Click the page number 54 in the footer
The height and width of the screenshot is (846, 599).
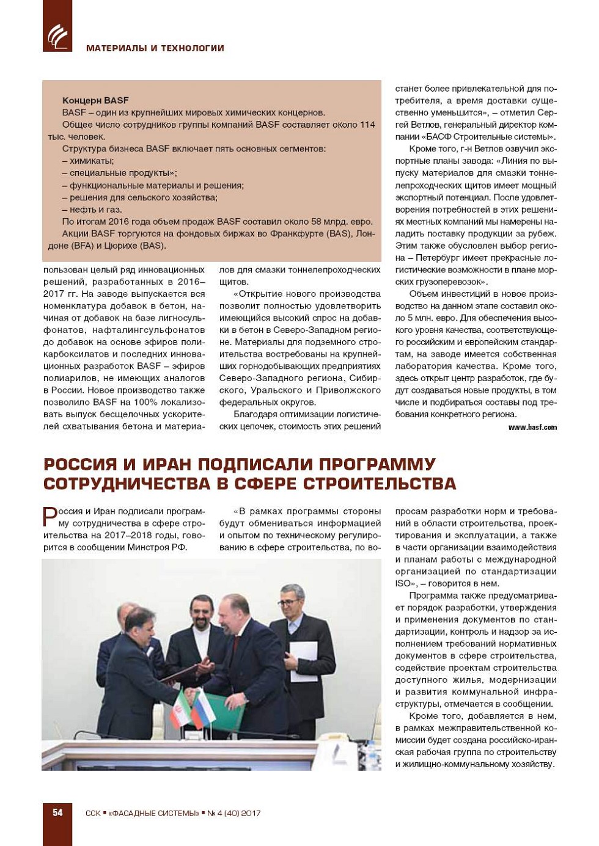pyautogui.click(x=57, y=812)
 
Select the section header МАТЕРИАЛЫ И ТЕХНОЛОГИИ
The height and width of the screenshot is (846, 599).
pyautogui.click(x=155, y=48)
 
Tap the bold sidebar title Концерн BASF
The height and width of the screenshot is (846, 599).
pyautogui.click(x=95, y=101)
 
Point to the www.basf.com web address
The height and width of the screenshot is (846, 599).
pyautogui.click(x=532, y=428)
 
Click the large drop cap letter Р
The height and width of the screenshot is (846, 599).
pyautogui.click(x=50, y=517)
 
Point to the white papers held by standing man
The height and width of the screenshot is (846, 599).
pyautogui.click(x=303, y=660)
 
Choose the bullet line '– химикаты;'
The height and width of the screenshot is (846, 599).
pyautogui.click(x=88, y=161)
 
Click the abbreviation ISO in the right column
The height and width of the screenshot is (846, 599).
pyautogui.click(x=404, y=584)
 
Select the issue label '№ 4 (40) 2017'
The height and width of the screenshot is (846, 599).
pyautogui.click(x=233, y=813)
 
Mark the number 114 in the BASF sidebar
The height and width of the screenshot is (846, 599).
pyautogui.click(x=367, y=125)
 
